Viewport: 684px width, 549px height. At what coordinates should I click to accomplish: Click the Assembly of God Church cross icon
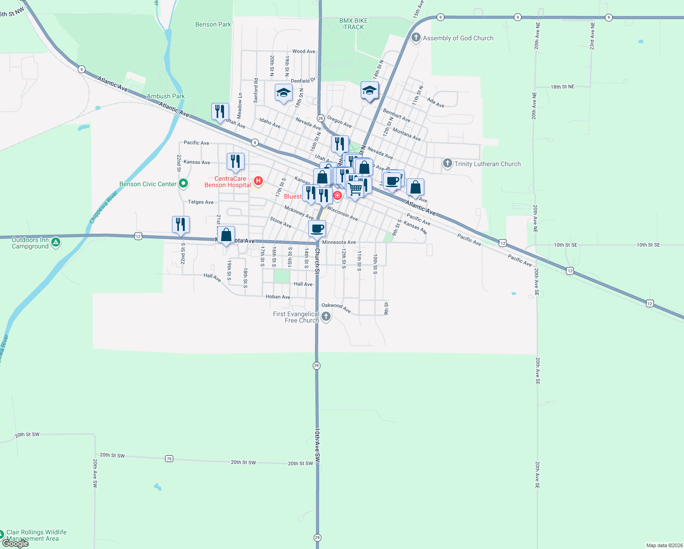[416, 38]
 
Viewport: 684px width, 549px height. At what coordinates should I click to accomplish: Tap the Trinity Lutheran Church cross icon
[448, 163]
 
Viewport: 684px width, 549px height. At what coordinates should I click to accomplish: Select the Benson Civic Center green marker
[183, 183]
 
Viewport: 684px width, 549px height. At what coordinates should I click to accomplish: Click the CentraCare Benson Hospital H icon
[258, 181]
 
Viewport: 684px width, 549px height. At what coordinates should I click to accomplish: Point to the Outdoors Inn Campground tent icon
[56, 242]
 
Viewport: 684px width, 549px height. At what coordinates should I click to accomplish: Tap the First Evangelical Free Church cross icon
[326, 316]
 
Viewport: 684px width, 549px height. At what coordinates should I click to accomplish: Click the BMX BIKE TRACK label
[354, 24]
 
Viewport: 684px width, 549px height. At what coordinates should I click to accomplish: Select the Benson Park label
[213, 24]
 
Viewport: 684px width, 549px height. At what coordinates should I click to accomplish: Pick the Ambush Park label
[166, 96]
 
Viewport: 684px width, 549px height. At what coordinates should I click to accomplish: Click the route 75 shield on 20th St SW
[169, 458]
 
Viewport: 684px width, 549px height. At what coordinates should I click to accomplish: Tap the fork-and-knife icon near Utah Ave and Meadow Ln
[220, 111]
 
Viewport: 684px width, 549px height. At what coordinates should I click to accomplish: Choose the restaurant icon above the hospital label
[235, 161]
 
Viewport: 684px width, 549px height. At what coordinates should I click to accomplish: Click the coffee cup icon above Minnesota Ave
[317, 228]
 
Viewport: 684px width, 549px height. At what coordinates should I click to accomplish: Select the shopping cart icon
[355, 188]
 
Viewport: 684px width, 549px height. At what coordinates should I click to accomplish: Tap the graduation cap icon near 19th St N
[283, 92]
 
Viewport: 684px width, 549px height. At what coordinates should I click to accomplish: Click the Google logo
[15, 544]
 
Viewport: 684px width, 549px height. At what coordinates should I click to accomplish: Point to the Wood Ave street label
[304, 51]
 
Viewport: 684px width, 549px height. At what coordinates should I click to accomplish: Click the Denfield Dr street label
[303, 81]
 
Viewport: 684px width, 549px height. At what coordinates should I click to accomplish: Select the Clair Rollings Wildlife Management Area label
[36, 535]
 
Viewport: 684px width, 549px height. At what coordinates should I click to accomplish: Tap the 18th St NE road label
[562, 86]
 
